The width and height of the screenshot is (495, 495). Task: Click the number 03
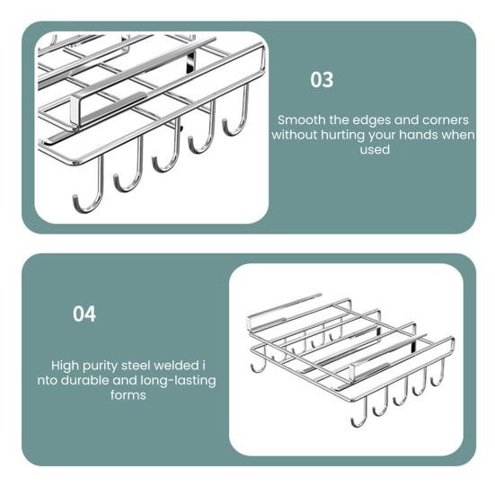click(x=322, y=80)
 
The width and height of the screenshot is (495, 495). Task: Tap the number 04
click(x=84, y=314)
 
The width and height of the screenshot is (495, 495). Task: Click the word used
click(x=375, y=150)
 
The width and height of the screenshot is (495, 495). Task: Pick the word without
click(x=295, y=135)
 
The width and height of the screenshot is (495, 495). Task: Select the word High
click(x=65, y=367)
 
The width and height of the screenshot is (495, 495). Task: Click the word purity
click(x=100, y=367)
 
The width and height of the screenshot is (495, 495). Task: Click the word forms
click(x=128, y=395)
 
